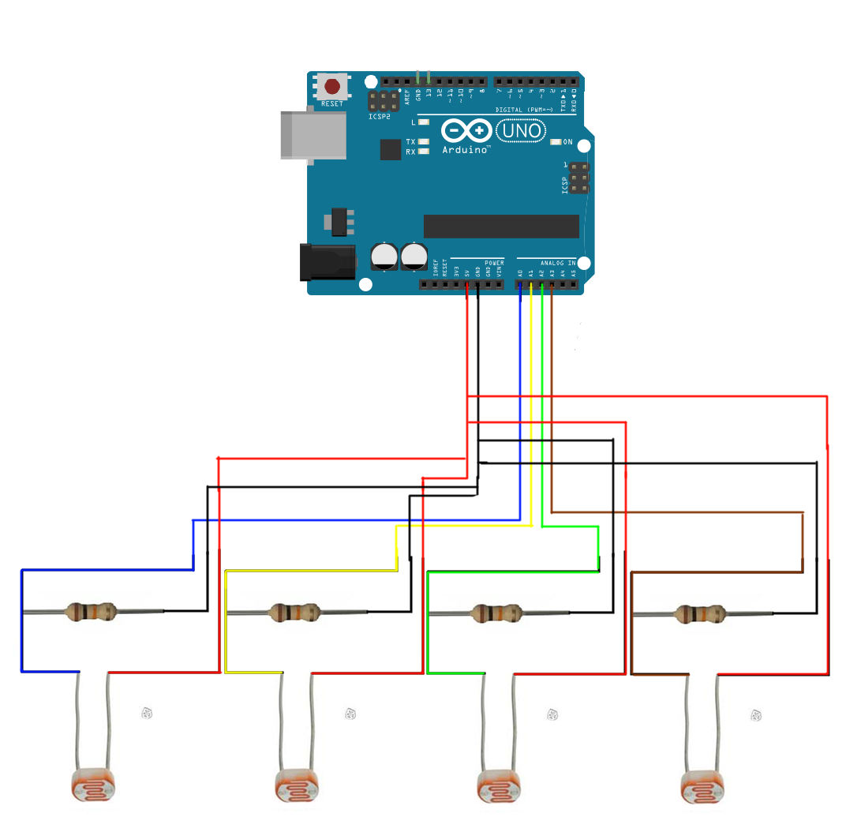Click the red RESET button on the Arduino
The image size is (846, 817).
pos(333,86)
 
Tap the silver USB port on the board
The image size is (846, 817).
pos(313,136)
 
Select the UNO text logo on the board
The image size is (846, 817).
pos(520,130)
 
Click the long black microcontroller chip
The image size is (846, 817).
pos(501,226)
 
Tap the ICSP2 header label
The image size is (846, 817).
pos(379,117)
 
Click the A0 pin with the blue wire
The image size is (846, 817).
pos(520,284)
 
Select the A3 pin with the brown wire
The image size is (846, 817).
pos(552,284)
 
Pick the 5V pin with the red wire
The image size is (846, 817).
pos(468,284)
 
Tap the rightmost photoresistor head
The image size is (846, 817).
pos(702,786)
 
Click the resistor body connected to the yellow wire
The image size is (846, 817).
pos(294,612)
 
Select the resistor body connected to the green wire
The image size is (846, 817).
pos(498,612)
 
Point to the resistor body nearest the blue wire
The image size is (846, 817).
pos(91,612)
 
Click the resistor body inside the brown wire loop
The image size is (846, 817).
pos(701,613)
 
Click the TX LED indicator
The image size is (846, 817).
pos(424,142)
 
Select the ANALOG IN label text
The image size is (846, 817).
pos(558,263)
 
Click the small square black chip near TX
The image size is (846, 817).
pos(391,149)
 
